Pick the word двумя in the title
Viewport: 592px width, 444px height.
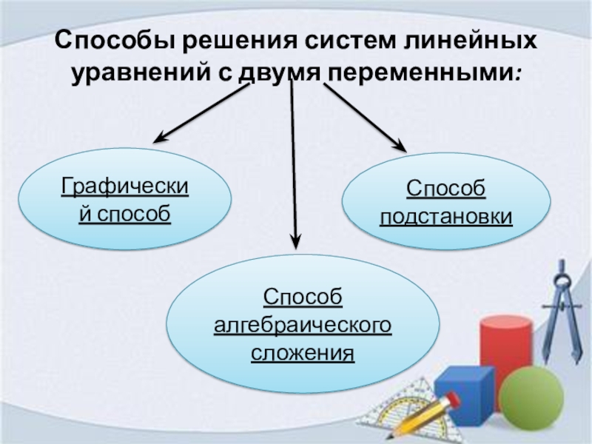tap(282, 74)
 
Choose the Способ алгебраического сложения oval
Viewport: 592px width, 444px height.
tap(303, 326)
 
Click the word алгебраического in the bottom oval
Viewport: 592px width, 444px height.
tap(303, 326)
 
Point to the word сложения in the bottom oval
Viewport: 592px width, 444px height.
tap(303, 352)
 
